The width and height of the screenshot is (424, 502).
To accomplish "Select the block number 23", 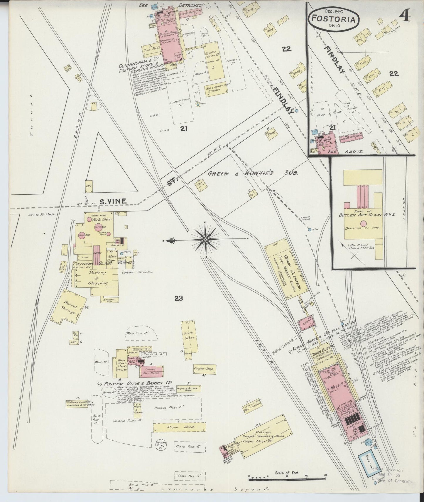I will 178,299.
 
